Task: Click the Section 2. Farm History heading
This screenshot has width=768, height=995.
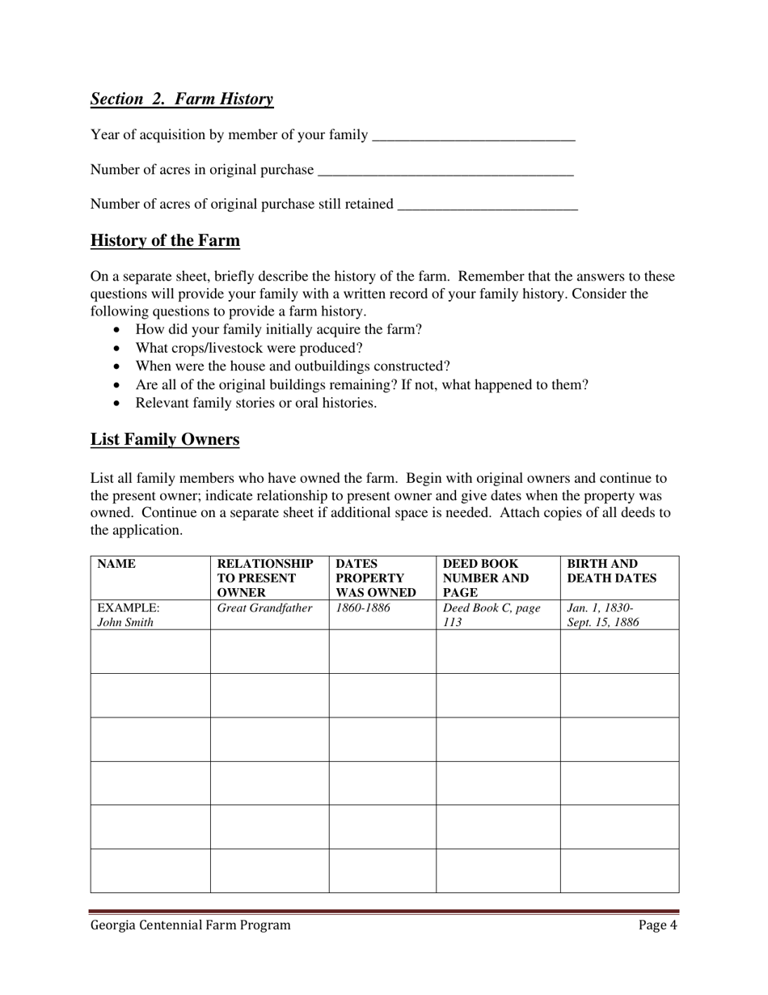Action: (x=182, y=99)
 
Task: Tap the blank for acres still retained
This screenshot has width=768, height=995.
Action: (x=488, y=205)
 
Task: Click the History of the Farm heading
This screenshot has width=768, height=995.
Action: (x=165, y=240)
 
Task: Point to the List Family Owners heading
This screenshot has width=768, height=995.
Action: (x=165, y=439)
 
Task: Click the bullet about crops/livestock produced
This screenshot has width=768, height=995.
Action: (x=249, y=348)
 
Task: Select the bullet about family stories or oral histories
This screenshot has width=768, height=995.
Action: (x=255, y=403)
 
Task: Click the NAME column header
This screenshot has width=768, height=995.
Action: (x=116, y=564)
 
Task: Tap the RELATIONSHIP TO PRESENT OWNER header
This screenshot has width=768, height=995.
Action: (x=265, y=578)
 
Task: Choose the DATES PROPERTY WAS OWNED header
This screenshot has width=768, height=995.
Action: (x=376, y=578)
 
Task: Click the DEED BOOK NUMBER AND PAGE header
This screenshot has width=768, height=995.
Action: (x=486, y=578)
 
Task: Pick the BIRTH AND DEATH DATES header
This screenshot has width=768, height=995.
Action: (x=612, y=571)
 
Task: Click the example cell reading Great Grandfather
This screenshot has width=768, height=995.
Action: (x=264, y=608)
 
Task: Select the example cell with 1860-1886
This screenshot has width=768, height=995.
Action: (x=363, y=608)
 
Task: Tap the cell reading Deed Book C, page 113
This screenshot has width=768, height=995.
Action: (x=492, y=615)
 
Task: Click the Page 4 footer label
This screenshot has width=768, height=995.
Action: (x=657, y=925)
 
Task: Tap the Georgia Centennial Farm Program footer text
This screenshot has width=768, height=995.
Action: (x=190, y=925)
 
